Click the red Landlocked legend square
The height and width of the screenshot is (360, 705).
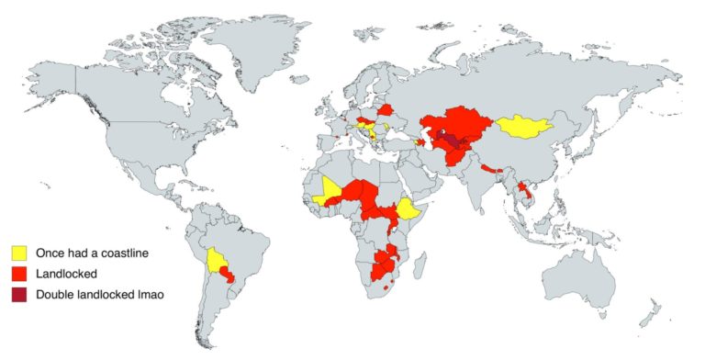tap(19, 274)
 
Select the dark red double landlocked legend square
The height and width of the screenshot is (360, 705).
tap(19, 295)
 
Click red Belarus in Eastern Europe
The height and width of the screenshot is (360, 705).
tap(386, 109)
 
